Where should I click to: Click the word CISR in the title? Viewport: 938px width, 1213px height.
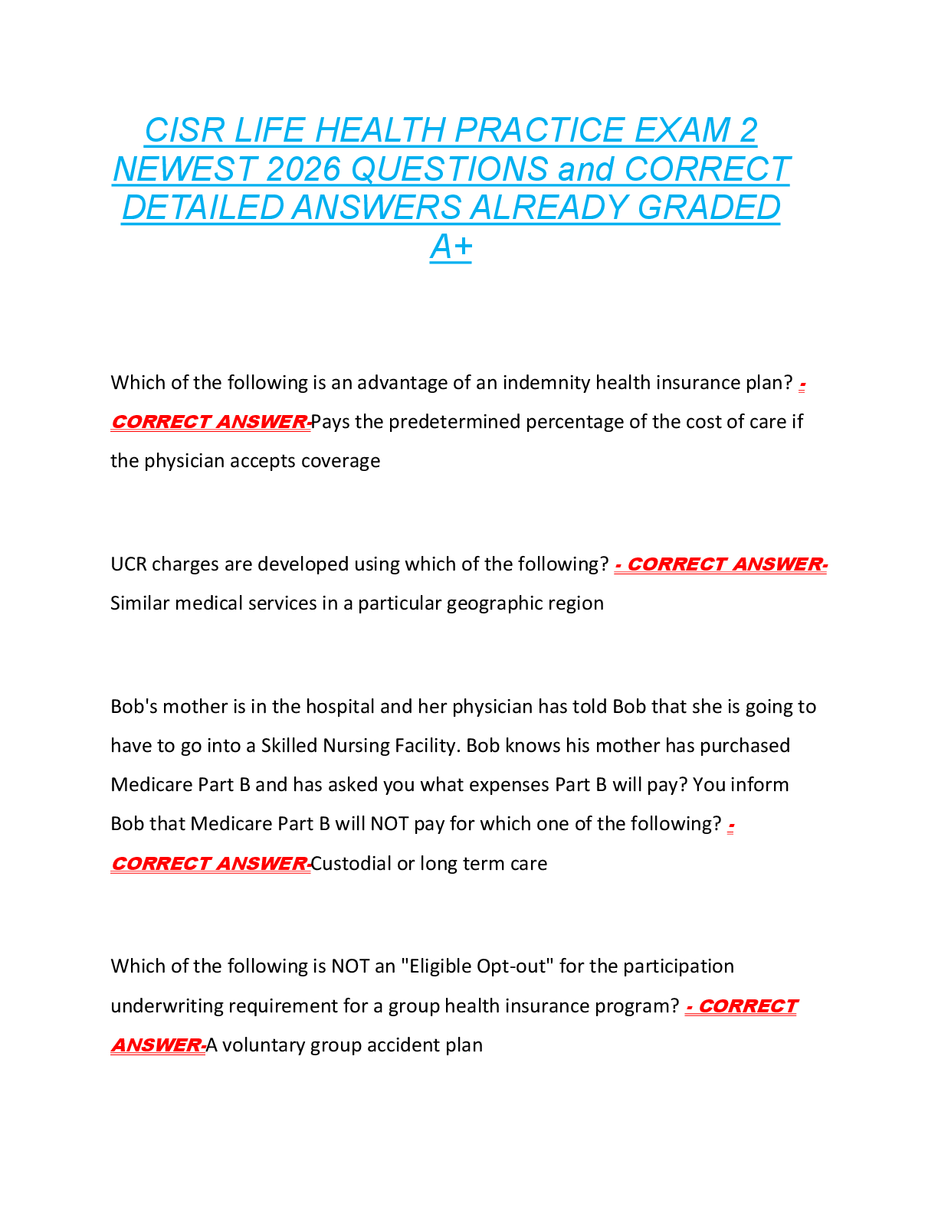click(x=185, y=130)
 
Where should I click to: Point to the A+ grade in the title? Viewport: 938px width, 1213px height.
click(x=451, y=247)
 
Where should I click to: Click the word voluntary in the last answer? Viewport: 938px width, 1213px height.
click(x=263, y=1045)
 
